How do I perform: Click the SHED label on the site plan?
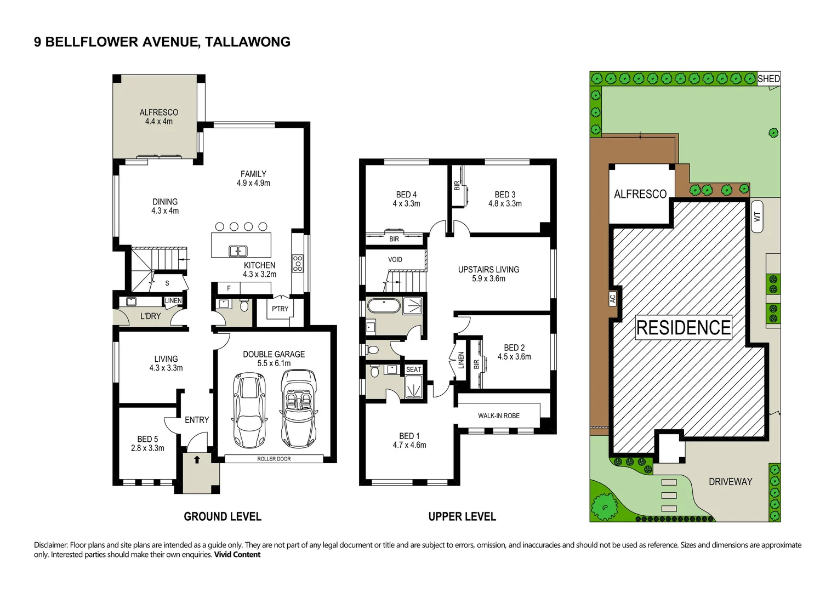click(x=768, y=79)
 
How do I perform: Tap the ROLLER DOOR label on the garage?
click(x=274, y=459)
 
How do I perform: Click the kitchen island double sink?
click(x=238, y=251)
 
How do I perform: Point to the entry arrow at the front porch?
click(x=197, y=459)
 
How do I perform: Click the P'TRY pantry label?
click(x=280, y=309)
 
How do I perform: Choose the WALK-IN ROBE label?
click(x=499, y=415)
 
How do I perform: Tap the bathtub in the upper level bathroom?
click(x=384, y=306)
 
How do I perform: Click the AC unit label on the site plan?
click(x=612, y=299)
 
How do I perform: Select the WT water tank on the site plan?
click(x=757, y=217)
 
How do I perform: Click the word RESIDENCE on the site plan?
click(x=684, y=328)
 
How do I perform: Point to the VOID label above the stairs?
click(x=395, y=259)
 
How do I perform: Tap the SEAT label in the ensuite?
click(x=414, y=369)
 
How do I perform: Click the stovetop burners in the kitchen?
click(x=298, y=264)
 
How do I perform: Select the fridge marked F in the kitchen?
click(x=229, y=288)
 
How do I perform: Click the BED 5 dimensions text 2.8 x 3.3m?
click(x=147, y=448)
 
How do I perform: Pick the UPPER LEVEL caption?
click(x=462, y=516)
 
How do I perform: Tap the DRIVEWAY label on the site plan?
click(x=731, y=481)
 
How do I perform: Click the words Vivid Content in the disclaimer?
click(x=237, y=554)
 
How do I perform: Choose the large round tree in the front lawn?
click(x=605, y=506)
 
